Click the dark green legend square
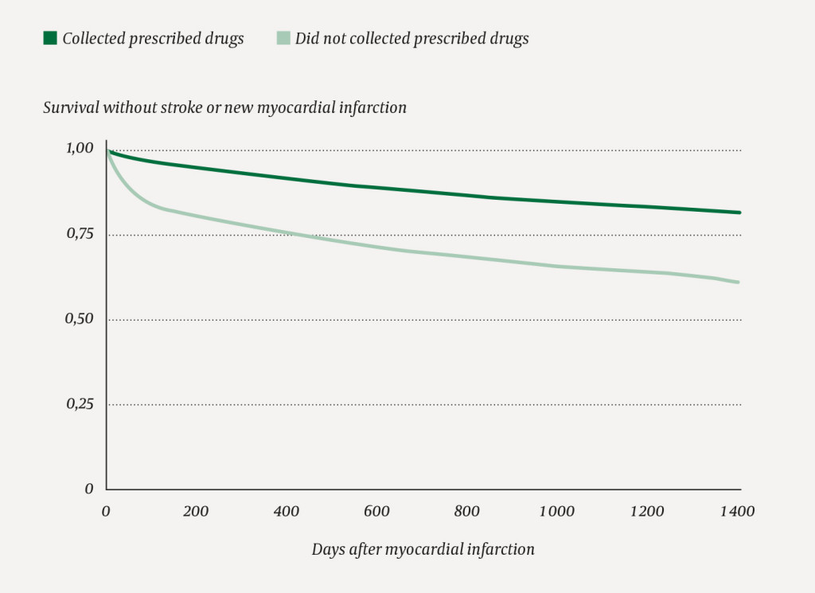(x=49, y=38)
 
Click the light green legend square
(x=283, y=38)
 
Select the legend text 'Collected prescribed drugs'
(x=153, y=39)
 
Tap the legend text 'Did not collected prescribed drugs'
(x=411, y=39)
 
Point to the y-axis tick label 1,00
(x=78, y=148)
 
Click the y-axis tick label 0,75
(x=78, y=234)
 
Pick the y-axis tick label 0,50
(x=78, y=319)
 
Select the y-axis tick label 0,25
(x=78, y=404)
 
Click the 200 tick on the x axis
(x=196, y=512)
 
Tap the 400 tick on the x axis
(x=287, y=512)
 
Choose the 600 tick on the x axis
(x=377, y=512)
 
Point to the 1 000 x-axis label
(x=556, y=512)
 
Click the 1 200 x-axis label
(x=647, y=512)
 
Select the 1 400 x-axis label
(x=737, y=512)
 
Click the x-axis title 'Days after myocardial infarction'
(x=423, y=550)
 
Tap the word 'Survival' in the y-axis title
(x=70, y=107)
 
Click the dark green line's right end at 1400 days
(x=739, y=213)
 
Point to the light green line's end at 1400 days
(x=739, y=282)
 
